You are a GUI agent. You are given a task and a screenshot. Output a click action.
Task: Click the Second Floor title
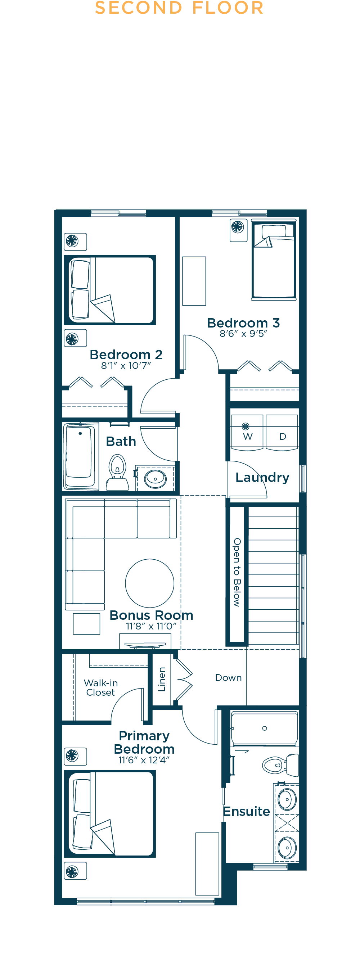pyautogui.click(x=179, y=8)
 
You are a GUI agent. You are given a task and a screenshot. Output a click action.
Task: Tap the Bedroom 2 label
pyautogui.click(x=126, y=355)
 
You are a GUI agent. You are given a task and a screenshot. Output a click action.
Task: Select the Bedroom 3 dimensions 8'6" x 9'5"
pyautogui.click(x=243, y=333)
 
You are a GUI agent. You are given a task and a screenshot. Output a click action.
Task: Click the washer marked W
pyautogui.click(x=247, y=432)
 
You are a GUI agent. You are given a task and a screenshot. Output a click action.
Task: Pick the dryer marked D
pyautogui.click(x=282, y=432)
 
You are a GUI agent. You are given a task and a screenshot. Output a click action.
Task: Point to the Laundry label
pyautogui.click(x=262, y=477)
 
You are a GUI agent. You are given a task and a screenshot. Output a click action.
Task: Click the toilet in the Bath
pyautogui.click(x=117, y=473)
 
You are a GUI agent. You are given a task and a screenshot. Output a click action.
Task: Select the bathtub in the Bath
pyautogui.click(x=79, y=457)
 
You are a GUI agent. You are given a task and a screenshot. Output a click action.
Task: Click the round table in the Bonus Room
pyautogui.click(x=150, y=583)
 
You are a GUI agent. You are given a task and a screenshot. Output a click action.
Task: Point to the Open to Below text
pyautogui.click(x=237, y=572)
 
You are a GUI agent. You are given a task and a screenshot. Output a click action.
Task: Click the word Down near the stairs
pyautogui.click(x=228, y=678)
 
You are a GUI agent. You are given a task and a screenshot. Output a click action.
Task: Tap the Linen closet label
pyautogui.click(x=162, y=679)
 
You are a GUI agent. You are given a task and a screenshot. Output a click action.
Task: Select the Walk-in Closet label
pyautogui.click(x=100, y=688)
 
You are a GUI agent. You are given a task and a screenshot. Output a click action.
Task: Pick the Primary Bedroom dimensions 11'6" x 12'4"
pyautogui.click(x=144, y=760)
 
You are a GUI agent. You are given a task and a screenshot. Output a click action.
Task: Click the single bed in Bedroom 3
pyautogui.click(x=274, y=259)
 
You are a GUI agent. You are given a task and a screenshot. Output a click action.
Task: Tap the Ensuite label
pyautogui.click(x=246, y=811)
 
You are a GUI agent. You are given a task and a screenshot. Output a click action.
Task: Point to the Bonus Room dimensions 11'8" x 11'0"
pyautogui.click(x=151, y=626)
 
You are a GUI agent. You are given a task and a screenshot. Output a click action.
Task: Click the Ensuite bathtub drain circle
pyautogui.click(x=265, y=728)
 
